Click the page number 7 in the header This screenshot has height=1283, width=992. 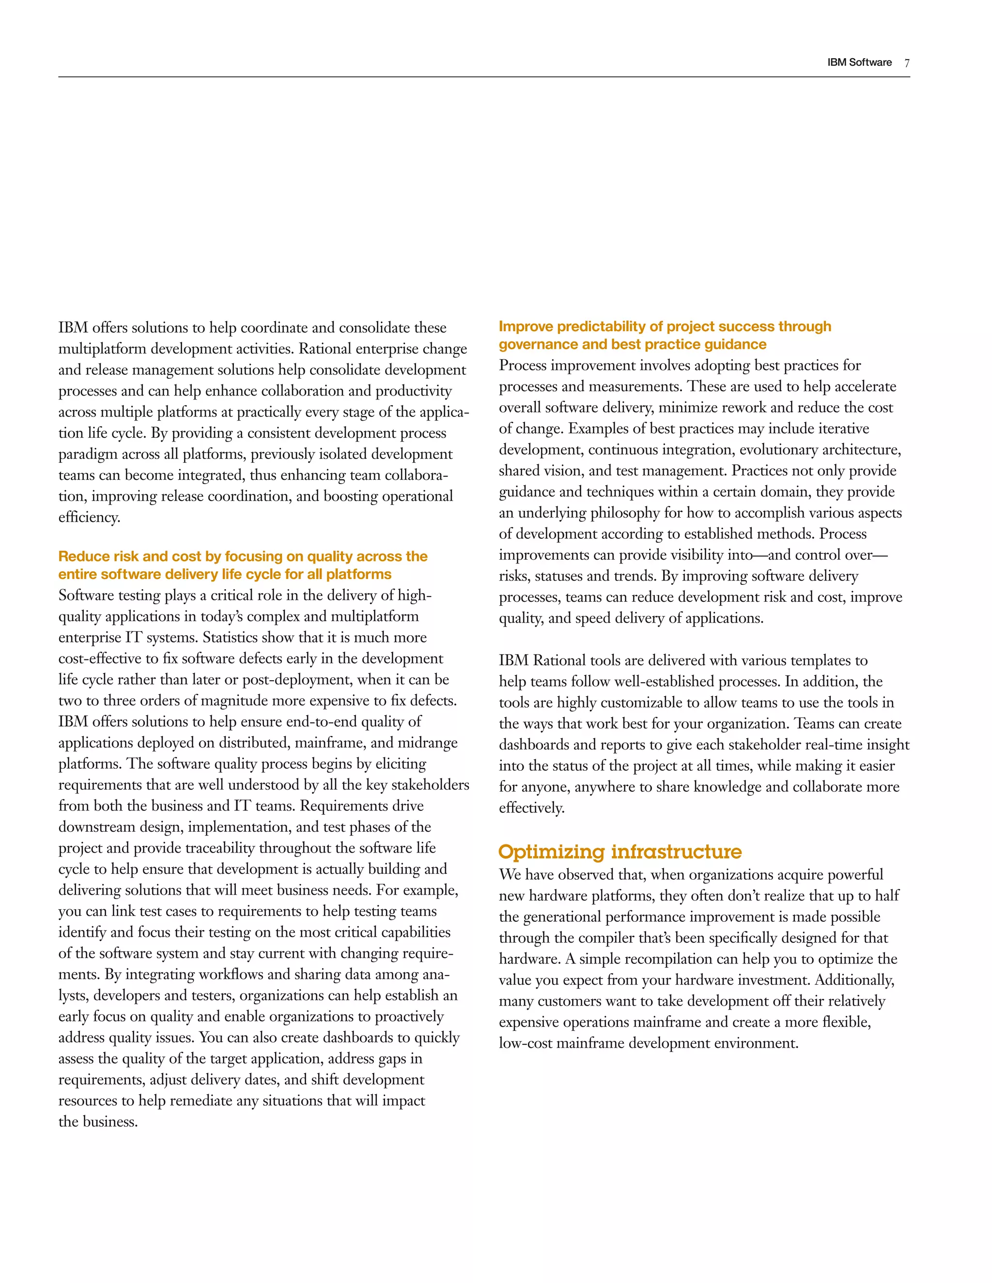click(907, 63)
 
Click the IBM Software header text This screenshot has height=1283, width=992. click(859, 62)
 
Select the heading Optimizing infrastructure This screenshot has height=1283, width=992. click(620, 852)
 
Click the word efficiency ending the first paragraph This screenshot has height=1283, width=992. click(89, 517)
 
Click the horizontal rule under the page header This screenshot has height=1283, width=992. click(484, 77)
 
